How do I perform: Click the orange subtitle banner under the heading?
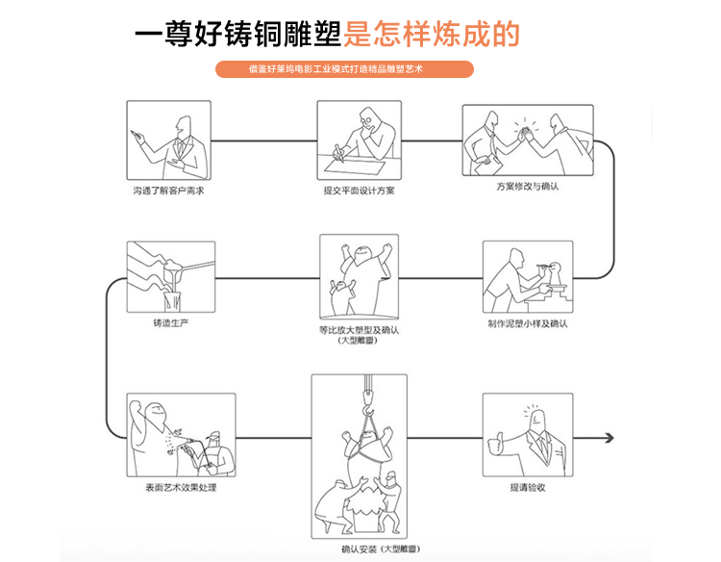point(345,69)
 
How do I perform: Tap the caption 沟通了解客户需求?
point(168,191)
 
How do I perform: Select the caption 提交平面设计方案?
point(359,191)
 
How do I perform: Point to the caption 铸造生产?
point(170,322)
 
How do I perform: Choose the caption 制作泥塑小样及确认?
point(528,323)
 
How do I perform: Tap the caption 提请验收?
point(528,487)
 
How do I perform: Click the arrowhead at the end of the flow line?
point(608,438)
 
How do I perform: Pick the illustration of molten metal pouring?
point(171,275)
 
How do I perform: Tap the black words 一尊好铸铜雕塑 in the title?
point(238,34)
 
